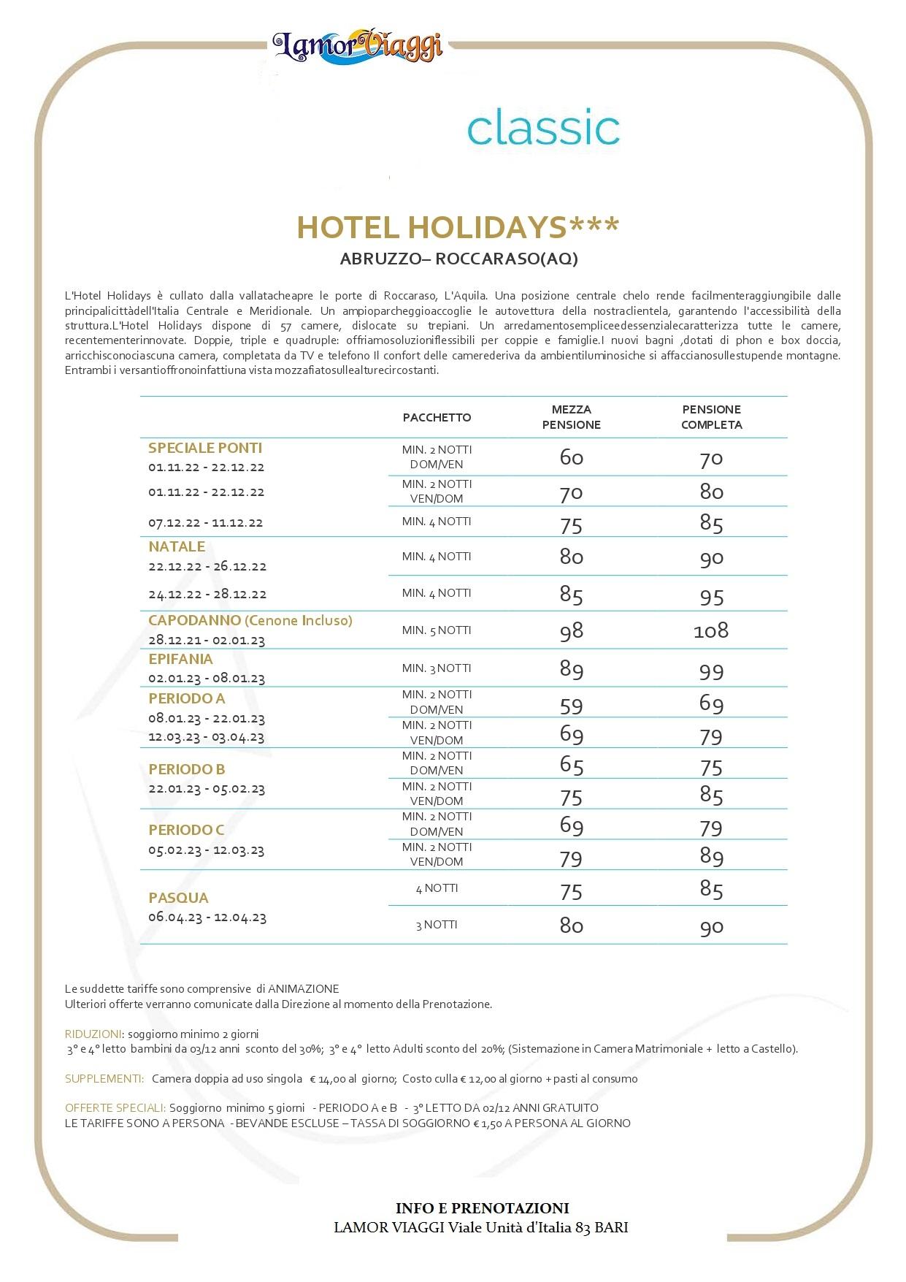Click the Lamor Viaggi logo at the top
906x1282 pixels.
click(358, 45)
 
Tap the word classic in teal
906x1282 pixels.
click(543, 128)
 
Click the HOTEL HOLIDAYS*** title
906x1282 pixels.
click(458, 227)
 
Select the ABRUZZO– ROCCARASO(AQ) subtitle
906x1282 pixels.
click(458, 259)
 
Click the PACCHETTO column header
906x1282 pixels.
click(437, 417)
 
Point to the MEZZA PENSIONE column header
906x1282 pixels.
click(571, 417)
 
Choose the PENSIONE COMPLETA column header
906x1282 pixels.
click(711, 417)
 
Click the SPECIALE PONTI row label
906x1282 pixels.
click(204, 448)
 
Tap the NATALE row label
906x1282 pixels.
click(177, 546)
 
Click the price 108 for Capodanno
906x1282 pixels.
click(710, 630)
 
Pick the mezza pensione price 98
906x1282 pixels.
click(571, 631)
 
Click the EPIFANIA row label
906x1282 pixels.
click(180, 659)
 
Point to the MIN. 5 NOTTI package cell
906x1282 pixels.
click(437, 630)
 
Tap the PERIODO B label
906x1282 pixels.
click(186, 769)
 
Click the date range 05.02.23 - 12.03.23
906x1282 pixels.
click(206, 850)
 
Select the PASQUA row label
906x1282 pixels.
click(178, 898)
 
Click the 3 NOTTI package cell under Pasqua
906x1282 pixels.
click(437, 925)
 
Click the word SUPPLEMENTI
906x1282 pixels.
click(104, 1079)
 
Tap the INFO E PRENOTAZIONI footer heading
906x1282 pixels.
click(482, 1208)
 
